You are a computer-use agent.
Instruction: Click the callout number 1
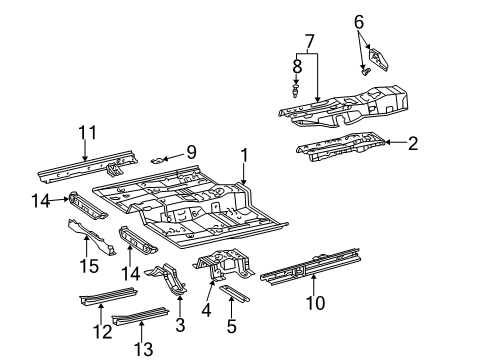point(242,155)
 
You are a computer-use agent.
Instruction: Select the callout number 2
point(411,144)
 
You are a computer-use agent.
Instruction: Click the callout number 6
point(359,20)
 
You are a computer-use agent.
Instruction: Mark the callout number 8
point(297,66)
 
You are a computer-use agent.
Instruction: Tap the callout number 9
point(190,152)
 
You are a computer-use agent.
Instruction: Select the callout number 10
point(315,304)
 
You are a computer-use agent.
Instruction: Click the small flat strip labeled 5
point(235,293)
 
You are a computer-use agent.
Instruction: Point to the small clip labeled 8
point(297,90)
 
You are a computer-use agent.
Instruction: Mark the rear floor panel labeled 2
point(340,147)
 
